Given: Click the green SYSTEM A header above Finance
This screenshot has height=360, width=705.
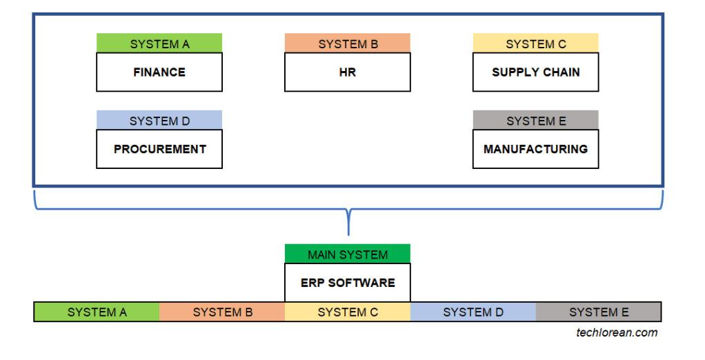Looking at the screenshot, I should pos(159,43).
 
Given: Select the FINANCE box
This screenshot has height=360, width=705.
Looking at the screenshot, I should pos(159,72).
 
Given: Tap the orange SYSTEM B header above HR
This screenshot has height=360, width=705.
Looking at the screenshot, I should pos(348,43).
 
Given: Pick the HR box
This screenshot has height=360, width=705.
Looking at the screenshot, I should pos(348,72).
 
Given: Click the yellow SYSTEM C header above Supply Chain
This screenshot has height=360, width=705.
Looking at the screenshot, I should pos(535,43).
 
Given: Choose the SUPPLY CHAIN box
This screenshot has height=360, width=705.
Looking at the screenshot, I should pos(535,72).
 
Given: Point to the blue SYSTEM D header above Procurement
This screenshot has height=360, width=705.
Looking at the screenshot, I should pos(159,121).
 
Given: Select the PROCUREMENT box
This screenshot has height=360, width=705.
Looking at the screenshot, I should pos(159,149).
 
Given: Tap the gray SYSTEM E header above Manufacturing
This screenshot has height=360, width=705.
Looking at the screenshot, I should pos(535,121).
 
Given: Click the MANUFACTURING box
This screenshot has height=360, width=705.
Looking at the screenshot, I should pos(535,149).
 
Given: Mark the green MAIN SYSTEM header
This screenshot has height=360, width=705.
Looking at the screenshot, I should pos(348,254).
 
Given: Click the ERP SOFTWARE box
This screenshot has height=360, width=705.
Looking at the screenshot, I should pos(348,283).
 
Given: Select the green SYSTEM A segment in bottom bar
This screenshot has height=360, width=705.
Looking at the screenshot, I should pos(97,312).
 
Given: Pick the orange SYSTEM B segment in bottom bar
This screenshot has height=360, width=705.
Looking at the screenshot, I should pos(222,312).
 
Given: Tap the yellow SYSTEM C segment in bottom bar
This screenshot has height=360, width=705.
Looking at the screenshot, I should pos(348,312).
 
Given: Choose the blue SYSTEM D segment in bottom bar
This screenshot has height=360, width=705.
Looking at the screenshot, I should pos(473,312).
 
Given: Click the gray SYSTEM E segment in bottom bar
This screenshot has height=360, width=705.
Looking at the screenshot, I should pos(598,312).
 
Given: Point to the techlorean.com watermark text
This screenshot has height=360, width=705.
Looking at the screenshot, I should pos(617,332).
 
